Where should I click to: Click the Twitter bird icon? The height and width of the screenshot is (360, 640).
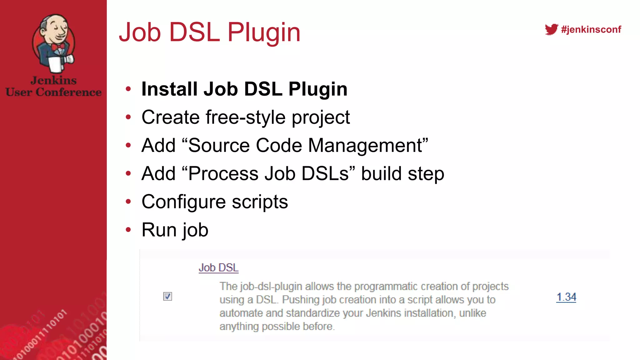551,29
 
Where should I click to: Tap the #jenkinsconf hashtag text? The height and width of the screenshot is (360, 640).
591,29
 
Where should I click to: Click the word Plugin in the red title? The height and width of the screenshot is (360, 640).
264,32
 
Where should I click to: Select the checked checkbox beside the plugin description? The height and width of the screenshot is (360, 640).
167,296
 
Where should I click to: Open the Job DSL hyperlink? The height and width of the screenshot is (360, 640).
218,268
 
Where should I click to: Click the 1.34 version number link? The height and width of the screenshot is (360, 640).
566,297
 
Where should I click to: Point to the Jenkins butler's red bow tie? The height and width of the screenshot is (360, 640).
58,47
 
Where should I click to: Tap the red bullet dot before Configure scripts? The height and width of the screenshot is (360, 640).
128,202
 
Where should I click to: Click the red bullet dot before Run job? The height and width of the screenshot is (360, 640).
128,230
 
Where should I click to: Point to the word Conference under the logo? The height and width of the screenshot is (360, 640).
68,92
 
